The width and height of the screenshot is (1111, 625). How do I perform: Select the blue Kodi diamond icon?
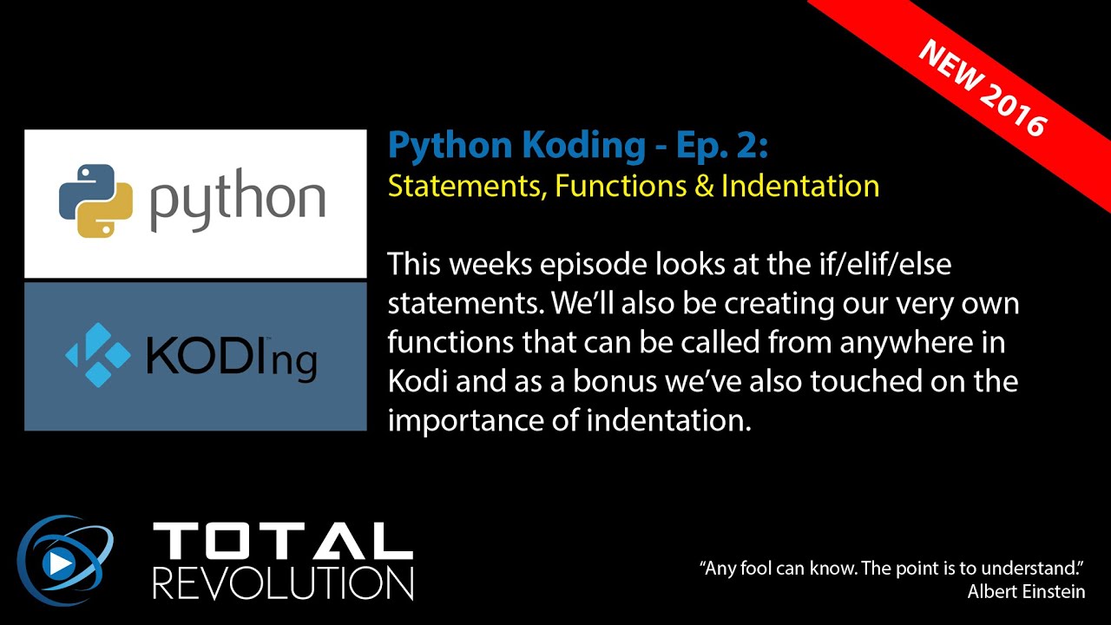(98, 354)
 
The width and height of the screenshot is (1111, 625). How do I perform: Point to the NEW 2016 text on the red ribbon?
(982, 88)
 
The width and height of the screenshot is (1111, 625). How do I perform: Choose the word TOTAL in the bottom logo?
(282, 542)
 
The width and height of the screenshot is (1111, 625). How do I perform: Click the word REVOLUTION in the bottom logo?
(282, 582)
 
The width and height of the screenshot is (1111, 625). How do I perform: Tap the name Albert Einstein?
(1026, 591)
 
